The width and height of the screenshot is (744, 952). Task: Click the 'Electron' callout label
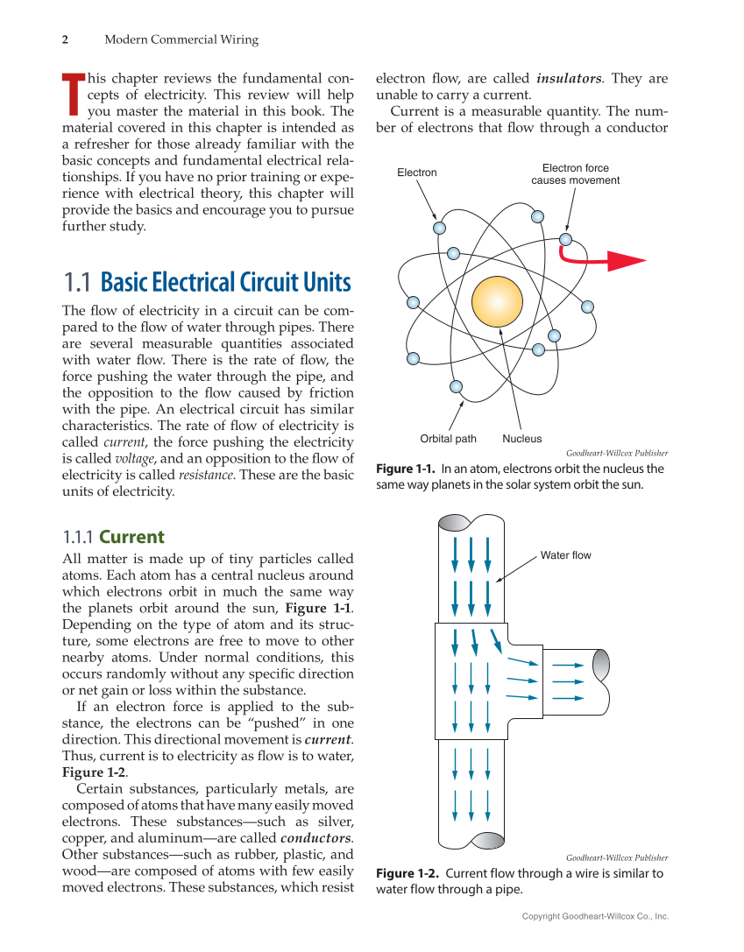coord(416,173)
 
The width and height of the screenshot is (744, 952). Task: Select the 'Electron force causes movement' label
coord(575,174)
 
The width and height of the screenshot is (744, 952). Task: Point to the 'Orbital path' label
coord(448,439)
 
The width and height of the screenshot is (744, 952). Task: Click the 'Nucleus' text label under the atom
coord(521,439)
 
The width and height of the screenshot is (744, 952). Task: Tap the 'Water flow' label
coord(565,555)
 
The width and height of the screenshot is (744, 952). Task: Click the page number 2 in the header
coord(65,39)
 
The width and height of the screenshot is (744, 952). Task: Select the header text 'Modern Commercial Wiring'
coord(181,39)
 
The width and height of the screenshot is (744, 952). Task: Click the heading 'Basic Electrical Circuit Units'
coord(225,283)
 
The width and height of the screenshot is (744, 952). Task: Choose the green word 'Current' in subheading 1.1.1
coord(131,537)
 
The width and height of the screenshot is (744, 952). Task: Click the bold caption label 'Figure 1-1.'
coord(406,469)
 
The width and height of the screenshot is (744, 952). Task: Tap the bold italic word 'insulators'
coord(569,79)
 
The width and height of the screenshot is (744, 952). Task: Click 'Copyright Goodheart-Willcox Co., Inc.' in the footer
coord(595,916)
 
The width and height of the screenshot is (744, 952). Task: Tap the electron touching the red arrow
coord(565,238)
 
